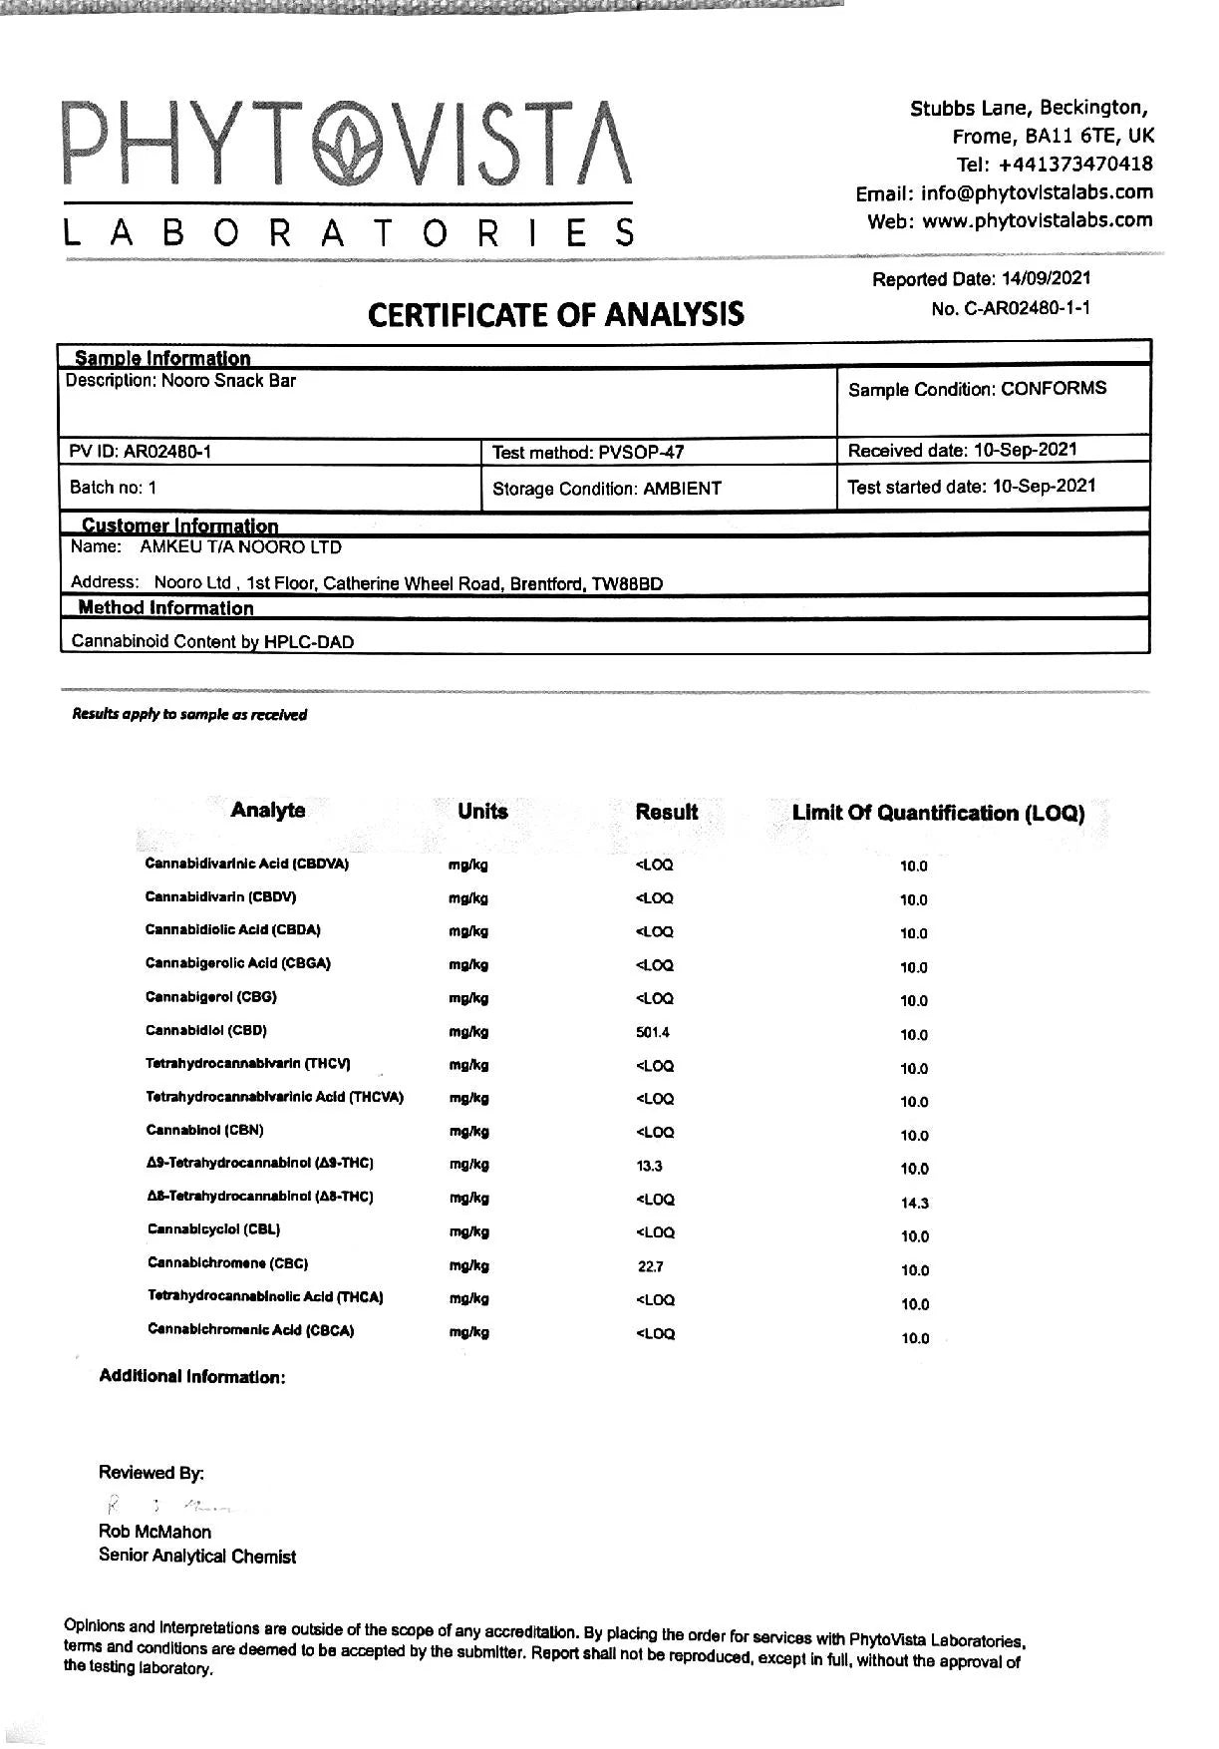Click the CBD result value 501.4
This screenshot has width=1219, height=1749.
pos(653,1032)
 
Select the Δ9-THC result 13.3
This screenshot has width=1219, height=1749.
pos(649,1166)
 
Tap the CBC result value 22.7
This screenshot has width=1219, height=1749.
pos(650,1266)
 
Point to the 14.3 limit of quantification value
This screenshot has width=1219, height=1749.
pos(914,1204)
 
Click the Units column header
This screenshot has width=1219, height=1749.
pos(482,812)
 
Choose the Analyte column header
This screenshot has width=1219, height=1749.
pos(267,810)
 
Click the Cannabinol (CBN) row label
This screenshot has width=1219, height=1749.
pos(204,1130)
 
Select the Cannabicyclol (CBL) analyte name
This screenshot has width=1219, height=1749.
pos(213,1229)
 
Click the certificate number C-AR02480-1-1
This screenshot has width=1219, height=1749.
pos(1027,308)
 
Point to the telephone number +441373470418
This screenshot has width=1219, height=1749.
pos(1075,164)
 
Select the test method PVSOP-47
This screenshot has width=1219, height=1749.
pos(641,453)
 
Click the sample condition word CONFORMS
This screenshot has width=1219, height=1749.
pos(1054,389)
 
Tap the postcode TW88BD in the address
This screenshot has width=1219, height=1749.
pos(627,584)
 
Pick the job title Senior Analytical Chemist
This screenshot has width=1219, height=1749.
pos(197,1557)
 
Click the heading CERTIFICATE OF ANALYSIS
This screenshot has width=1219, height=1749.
pos(555,315)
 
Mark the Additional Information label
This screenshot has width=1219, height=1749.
pos(191,1377)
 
